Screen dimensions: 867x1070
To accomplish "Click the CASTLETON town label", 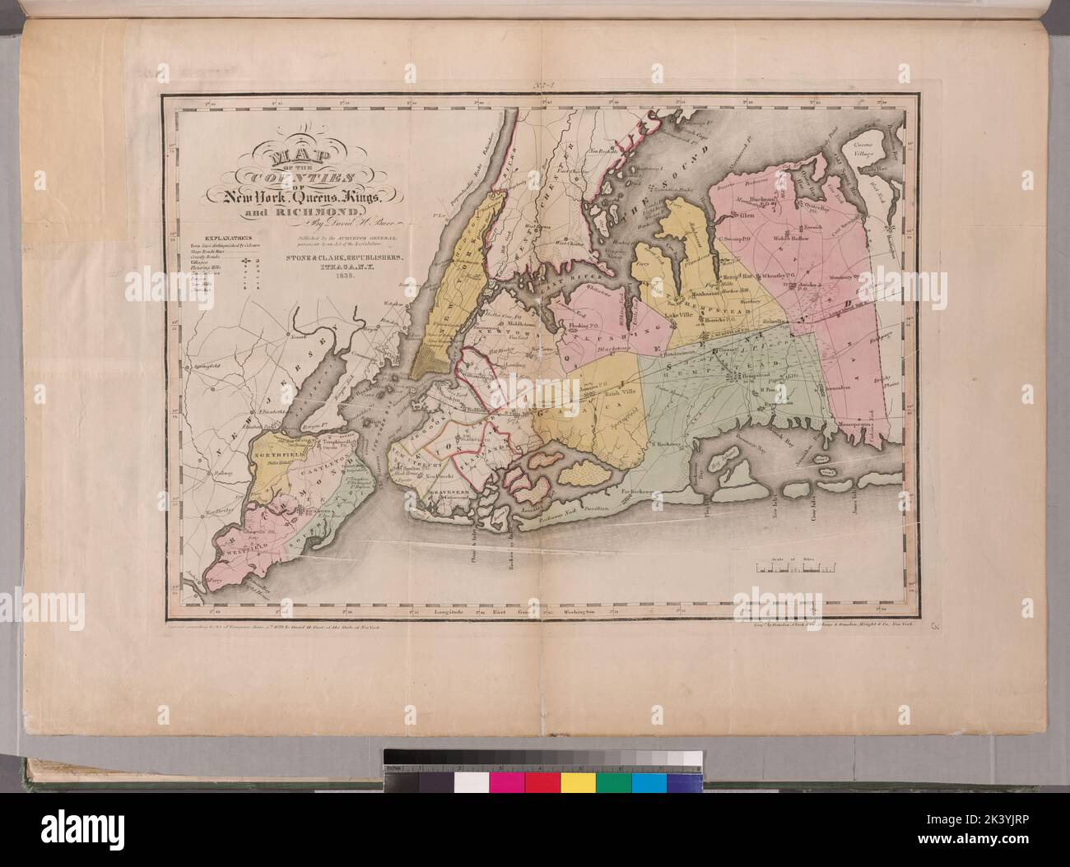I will pyautogui.click(x=318, y=465).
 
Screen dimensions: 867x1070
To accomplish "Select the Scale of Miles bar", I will pyautogui.click(x=795, y=566).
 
